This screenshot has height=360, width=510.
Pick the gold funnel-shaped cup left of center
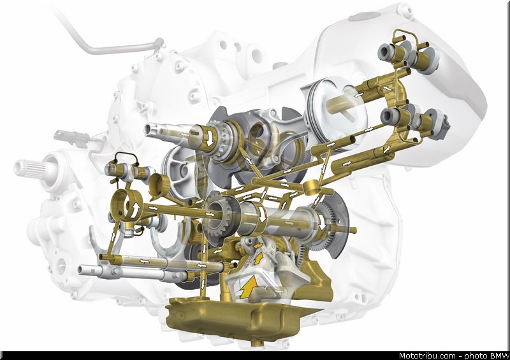[159, 185]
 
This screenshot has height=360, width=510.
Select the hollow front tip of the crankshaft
[150, 130]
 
